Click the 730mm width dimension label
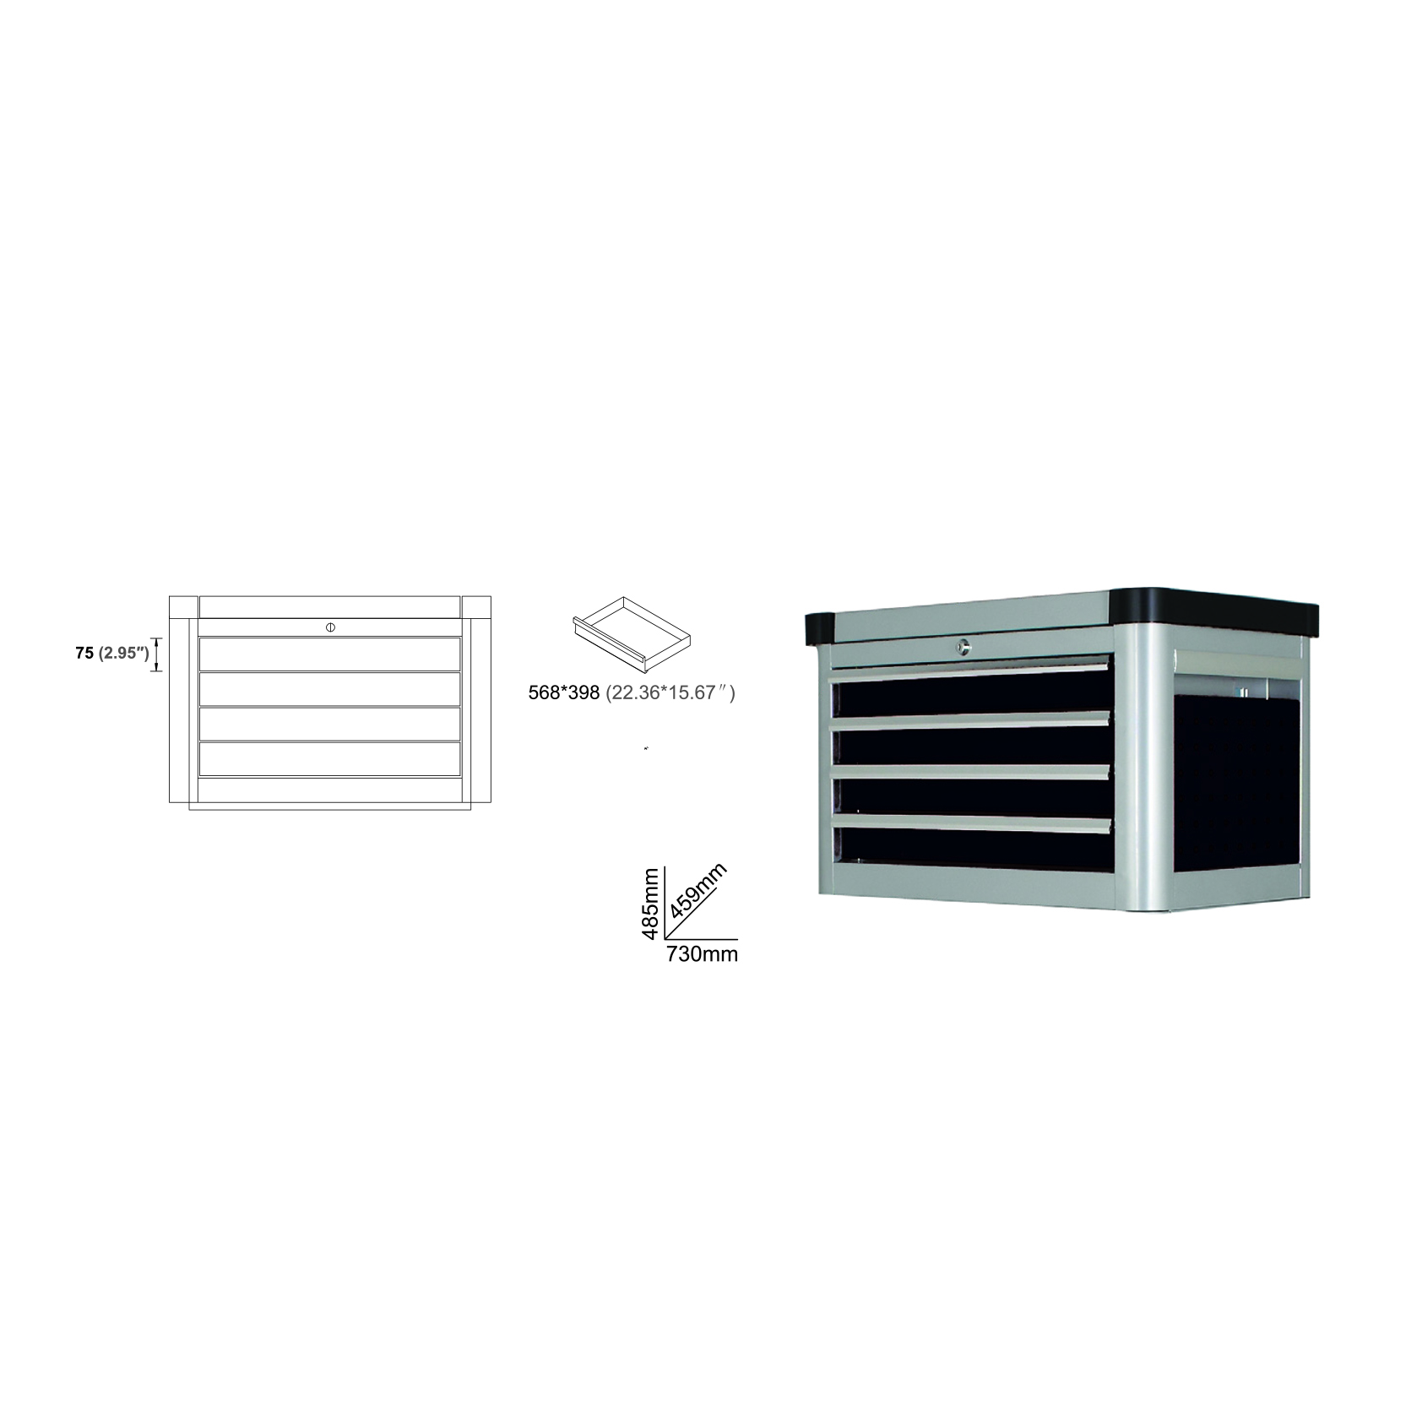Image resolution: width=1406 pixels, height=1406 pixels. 702,954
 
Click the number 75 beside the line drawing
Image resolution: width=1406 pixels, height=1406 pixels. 84,653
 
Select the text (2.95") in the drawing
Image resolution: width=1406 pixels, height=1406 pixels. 123,653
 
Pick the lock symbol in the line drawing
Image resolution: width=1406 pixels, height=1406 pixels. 329,627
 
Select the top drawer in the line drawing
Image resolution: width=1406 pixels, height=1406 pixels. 329,654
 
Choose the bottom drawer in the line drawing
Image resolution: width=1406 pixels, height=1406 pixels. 329,759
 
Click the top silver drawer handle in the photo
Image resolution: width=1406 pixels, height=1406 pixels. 969,668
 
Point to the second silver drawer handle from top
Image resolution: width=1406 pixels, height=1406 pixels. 969,719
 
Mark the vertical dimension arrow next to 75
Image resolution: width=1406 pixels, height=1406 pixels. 156,654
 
